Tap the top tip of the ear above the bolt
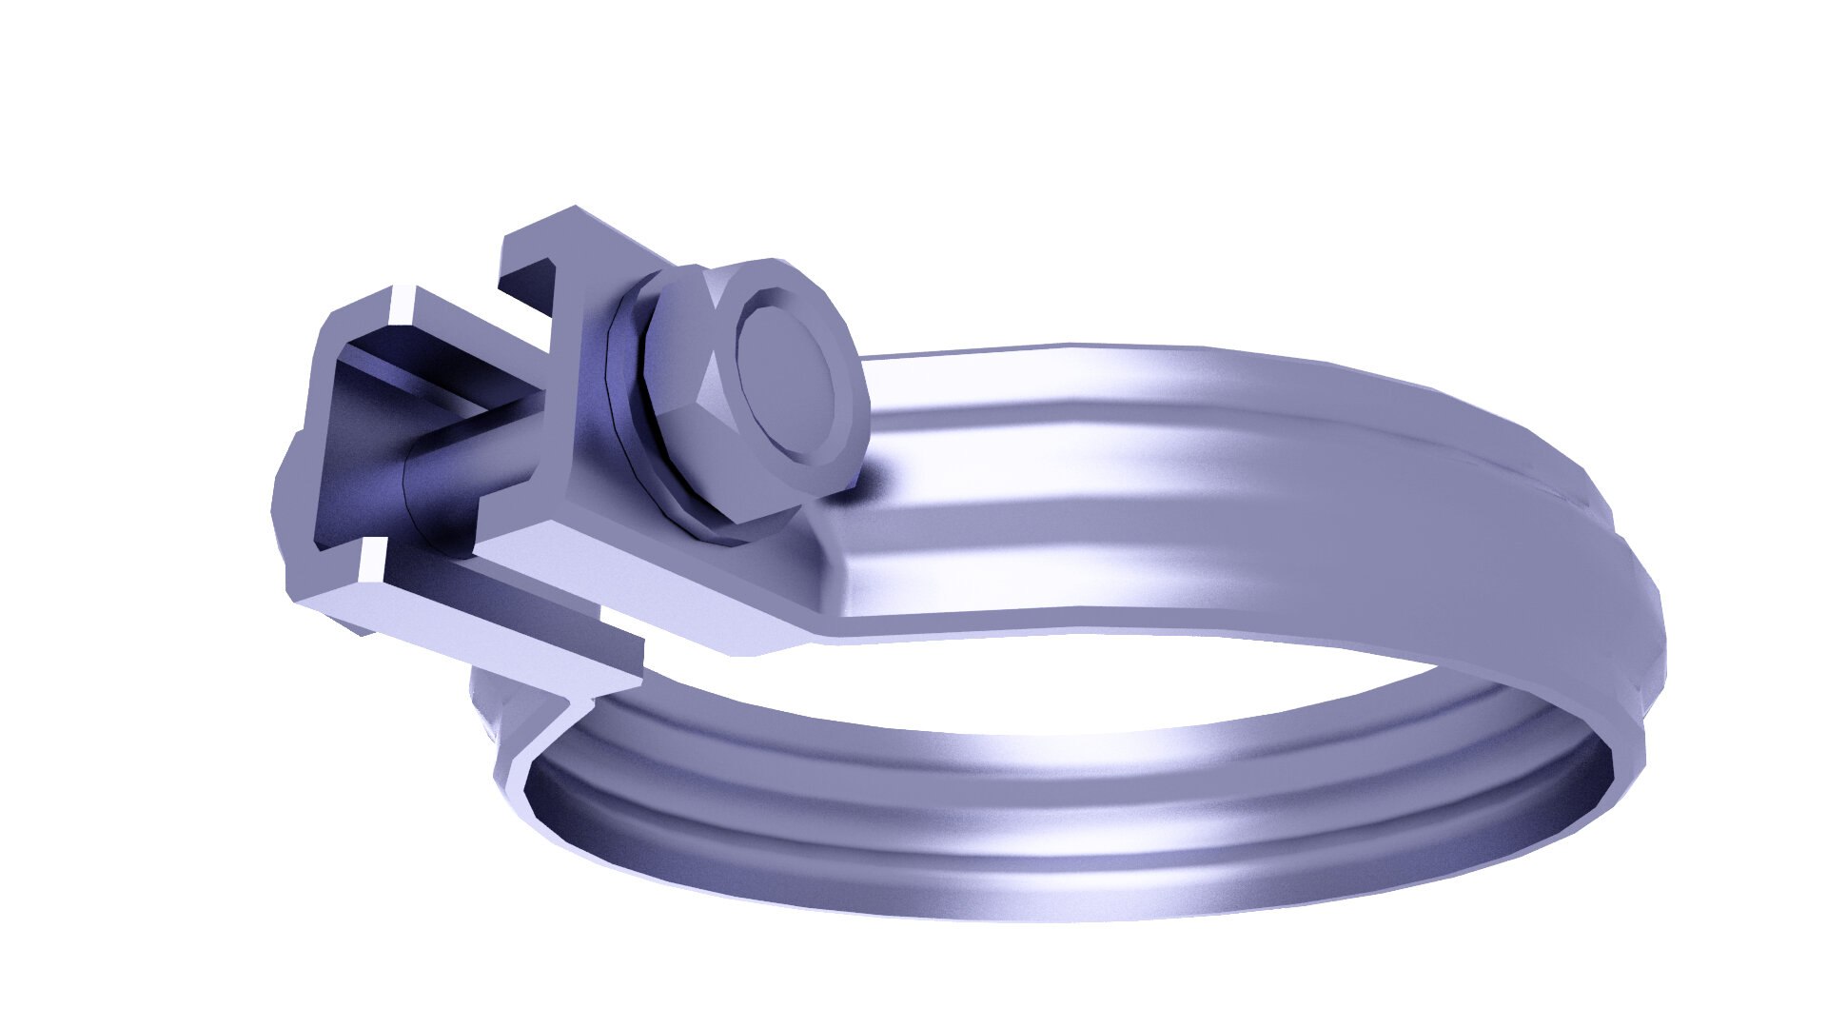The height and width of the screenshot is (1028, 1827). [x=575, y=210]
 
